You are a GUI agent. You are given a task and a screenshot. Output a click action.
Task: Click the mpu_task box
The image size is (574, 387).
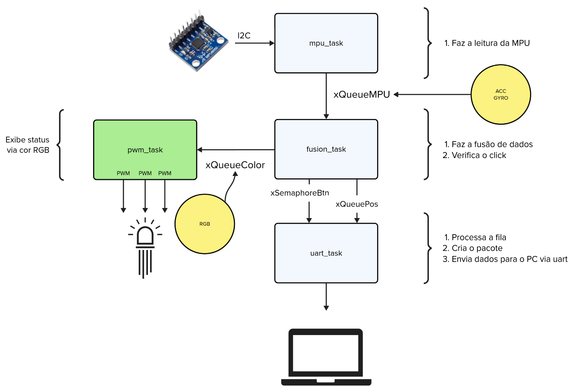(x=326, y=43)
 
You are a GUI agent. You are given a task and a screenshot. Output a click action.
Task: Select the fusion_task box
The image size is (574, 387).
(x=326, y=149)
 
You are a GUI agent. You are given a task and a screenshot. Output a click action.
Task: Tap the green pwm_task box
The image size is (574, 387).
(x=145, y=150)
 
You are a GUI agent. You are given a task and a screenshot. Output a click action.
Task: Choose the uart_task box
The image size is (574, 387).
(x=326, y=253)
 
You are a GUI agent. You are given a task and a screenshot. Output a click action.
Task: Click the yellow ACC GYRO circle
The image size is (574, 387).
(x=501, y=94)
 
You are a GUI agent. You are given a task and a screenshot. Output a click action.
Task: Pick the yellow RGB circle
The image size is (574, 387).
(x=205, y=224)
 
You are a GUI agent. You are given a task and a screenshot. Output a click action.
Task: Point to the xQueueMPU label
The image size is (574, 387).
(x=362, y=94)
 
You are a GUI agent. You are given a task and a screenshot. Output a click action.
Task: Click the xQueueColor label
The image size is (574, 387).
(x=235, y=165)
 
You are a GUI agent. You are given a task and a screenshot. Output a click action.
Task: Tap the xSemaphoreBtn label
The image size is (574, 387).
(x=299, y=193)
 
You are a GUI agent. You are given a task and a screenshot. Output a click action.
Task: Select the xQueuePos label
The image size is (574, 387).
(x=357, y=204)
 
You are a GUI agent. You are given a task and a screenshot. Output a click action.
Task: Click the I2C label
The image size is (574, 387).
(x=244, y=35)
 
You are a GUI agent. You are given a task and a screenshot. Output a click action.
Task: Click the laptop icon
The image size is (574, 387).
(x=326, y=357)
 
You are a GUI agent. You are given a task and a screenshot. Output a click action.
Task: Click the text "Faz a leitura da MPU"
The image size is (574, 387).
(x=490, y=43)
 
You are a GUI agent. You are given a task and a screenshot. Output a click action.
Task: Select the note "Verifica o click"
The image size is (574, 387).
(x=479, y=155)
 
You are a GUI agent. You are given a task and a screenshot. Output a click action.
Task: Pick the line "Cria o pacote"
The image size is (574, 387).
(x=477, y=248)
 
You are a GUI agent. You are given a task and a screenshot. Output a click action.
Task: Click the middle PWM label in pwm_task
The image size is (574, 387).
(x=145, y=173)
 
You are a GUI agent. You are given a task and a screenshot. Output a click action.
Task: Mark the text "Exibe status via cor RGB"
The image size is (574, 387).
(x=27, y=145)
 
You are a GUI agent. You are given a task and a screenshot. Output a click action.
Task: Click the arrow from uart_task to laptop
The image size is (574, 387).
(x=326, y=297)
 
